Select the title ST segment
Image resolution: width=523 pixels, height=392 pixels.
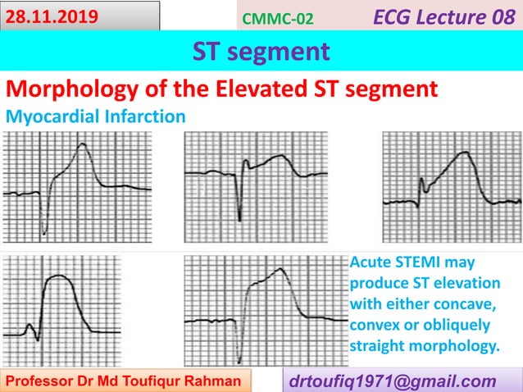click(x=261, y=52)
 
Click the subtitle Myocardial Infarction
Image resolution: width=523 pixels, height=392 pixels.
click(x=95, y=116)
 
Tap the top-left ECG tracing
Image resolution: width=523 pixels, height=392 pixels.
click(x=77, y=189)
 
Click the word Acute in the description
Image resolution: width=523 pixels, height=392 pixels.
click(x=370, y=262)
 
